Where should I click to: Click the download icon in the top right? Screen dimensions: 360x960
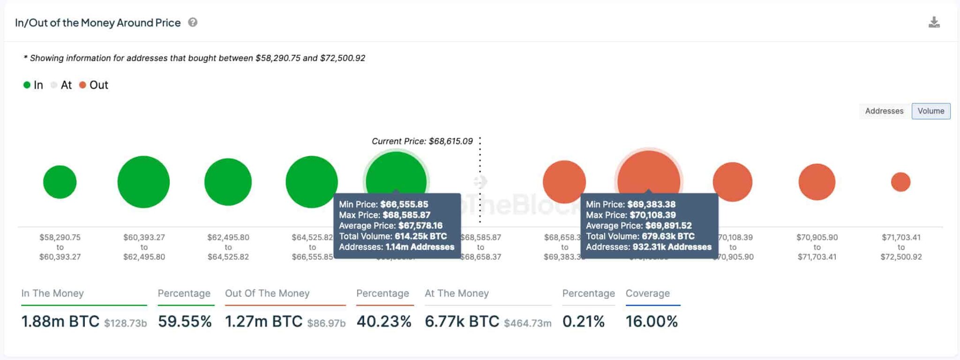click(934, 22)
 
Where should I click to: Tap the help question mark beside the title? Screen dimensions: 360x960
click(193, 22)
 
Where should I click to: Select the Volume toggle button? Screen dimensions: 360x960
click(930, 111)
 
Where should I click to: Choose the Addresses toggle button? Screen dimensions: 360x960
click(884, 111)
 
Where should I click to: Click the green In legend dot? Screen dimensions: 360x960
click(27, 85)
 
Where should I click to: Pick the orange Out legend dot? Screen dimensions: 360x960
click(82, 85)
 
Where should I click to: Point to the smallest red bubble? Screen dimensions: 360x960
click(900, 182)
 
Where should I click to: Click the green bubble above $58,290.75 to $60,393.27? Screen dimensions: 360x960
click(60, 182)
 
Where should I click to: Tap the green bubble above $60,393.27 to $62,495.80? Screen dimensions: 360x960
click(143, 182)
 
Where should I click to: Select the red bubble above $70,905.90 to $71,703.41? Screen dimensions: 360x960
click(817, 182)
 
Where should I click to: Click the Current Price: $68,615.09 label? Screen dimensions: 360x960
click(422, 141)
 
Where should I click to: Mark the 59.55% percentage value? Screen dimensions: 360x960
click(185, 322)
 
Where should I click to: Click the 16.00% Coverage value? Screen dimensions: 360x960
click(652, 322)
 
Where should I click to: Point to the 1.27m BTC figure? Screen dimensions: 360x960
click(263, 322)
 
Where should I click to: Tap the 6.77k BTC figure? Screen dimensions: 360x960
click(462, 322)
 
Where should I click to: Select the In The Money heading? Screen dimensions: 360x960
click(52, 293)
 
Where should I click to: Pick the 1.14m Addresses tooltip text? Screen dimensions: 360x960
click(420, 247)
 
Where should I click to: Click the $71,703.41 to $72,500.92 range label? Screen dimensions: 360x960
click(901, 247)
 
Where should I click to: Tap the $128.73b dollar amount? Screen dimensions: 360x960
click(125, 323)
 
